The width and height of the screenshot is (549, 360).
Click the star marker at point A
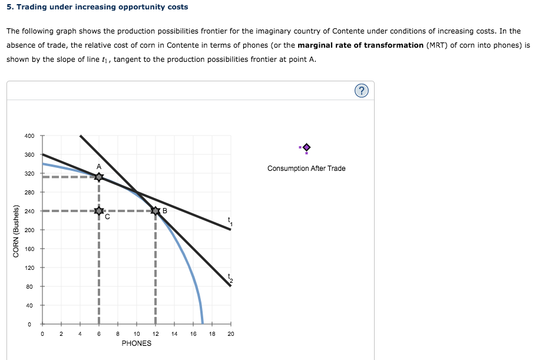coord(99,176)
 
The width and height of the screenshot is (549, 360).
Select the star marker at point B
coord(156,210)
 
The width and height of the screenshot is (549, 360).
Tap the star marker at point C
coord(99,210)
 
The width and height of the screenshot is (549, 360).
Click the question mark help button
coord(362,91)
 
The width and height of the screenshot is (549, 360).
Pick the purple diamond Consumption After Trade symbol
coord(306,147)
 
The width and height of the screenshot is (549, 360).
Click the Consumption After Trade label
coord(306,169)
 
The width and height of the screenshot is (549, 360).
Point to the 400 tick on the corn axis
coord(29,136)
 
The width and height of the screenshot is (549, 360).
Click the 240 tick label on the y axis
coord(29,211)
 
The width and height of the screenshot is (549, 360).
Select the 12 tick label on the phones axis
coord(156,334)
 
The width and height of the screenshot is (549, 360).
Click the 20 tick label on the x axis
coord(231,334)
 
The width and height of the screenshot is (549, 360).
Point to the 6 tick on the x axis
coord(99,334)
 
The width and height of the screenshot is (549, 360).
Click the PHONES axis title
coord(137,343)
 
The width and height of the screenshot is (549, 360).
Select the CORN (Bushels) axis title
coord(16,231)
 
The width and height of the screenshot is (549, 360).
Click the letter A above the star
coord(99,166)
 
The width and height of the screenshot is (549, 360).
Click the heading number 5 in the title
coord(9,7)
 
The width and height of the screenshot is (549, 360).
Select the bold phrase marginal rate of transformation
coord(361,45)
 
